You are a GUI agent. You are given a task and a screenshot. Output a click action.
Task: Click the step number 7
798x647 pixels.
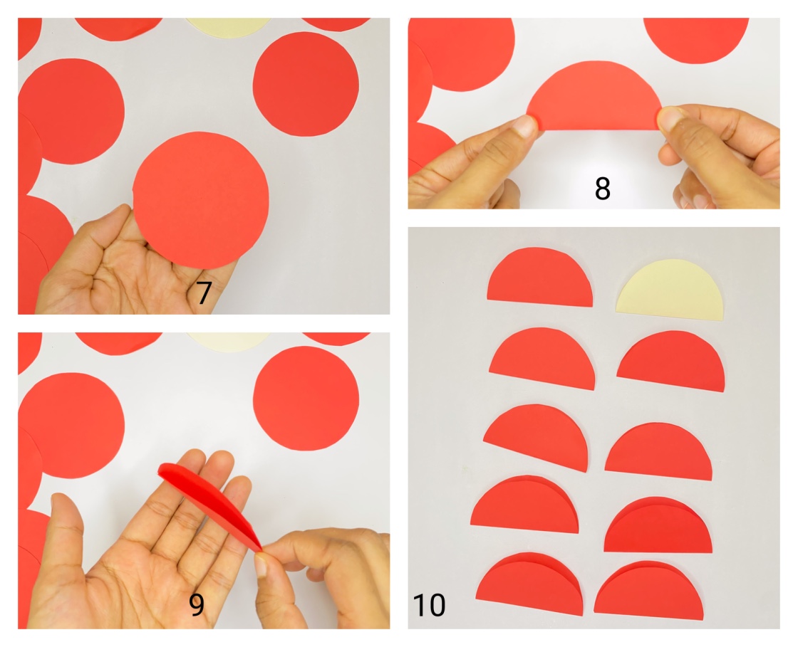coord(204,293)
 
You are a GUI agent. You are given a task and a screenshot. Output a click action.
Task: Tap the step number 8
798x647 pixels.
coord(602,189)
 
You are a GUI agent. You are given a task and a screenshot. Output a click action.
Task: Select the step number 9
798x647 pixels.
coord(197,604)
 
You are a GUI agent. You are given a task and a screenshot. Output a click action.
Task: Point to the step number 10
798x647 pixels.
coord(429,606)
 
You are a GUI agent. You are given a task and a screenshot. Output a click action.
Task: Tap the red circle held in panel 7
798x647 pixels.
coord(201,200)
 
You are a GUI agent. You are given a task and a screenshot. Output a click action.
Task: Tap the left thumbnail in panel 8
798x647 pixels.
coord(525,127)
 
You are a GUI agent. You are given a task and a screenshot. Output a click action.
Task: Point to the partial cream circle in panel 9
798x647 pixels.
coord(228,340)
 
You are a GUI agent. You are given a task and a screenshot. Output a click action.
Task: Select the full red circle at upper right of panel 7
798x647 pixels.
coord(306,83)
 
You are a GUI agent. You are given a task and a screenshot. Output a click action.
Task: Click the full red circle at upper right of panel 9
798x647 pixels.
coord(306,398)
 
